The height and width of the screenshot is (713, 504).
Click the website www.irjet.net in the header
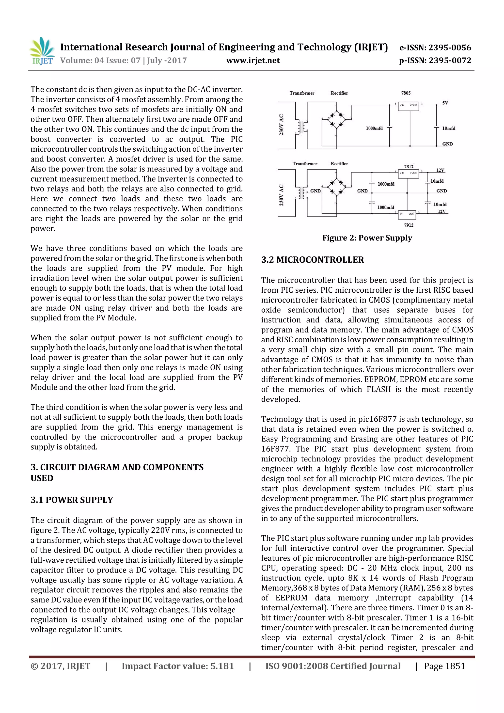(x=253, y=61)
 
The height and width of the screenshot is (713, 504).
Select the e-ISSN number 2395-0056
(x=450, y=48)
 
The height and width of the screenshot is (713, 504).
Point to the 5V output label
(x=445, y=103)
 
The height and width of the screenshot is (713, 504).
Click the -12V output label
(x=441, y=211)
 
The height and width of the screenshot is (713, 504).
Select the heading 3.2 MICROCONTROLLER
(x=312, y=260)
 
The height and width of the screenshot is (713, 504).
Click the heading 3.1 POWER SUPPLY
(x=72, y=500)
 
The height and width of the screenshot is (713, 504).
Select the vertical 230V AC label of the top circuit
(x=281, y=125)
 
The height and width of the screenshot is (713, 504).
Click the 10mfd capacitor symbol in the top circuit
(x=436, y=128)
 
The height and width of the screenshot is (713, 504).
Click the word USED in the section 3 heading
(x=42, y=478)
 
